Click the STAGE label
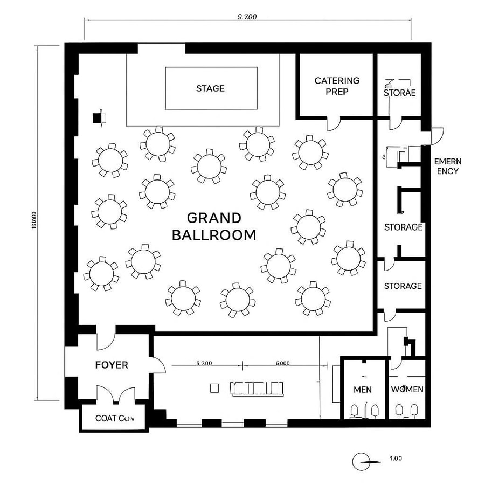[x=210, y=88]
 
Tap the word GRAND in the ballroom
[x=214, y=218]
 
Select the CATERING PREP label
[x=337, y=86]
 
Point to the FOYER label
[x=112, y=365]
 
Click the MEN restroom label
[x=362, y=389]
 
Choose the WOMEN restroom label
[x=407, y=389]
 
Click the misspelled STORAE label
[x=399, y=92]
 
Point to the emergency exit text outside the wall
[x=447, y=166]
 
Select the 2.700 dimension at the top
[x=247, y=17]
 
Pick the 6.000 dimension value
[x=282, y=363]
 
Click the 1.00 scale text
[x=395, y=459]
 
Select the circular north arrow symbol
[x=361, y=462]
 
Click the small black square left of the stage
[x=98, y=118]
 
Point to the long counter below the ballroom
[x=257, y=388]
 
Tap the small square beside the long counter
[x=214, y=387]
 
